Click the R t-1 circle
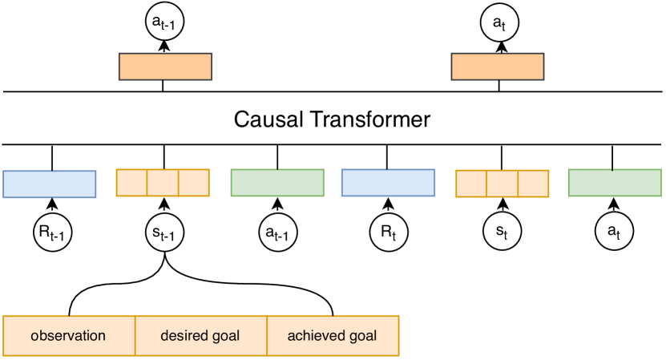50,233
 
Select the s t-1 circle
163,233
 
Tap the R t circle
388,233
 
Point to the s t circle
502,233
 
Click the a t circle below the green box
614,233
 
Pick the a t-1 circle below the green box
276,233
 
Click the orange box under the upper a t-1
165,67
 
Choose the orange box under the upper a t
498,67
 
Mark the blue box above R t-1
50,184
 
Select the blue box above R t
388,184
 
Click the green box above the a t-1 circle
277,183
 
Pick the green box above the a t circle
615,183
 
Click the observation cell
69,335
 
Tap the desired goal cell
200,335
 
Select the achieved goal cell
332,335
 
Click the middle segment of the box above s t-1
163,183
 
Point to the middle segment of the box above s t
502,184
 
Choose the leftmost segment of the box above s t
471,184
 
